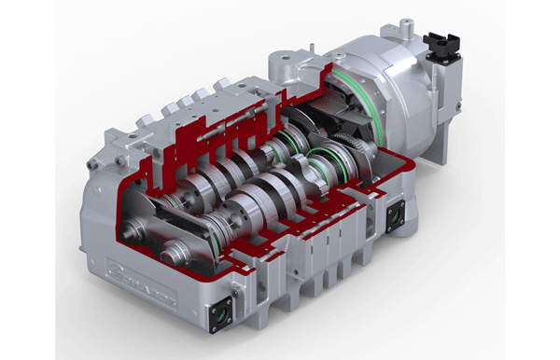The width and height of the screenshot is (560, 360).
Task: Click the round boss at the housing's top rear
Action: click(x=281, y=64)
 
